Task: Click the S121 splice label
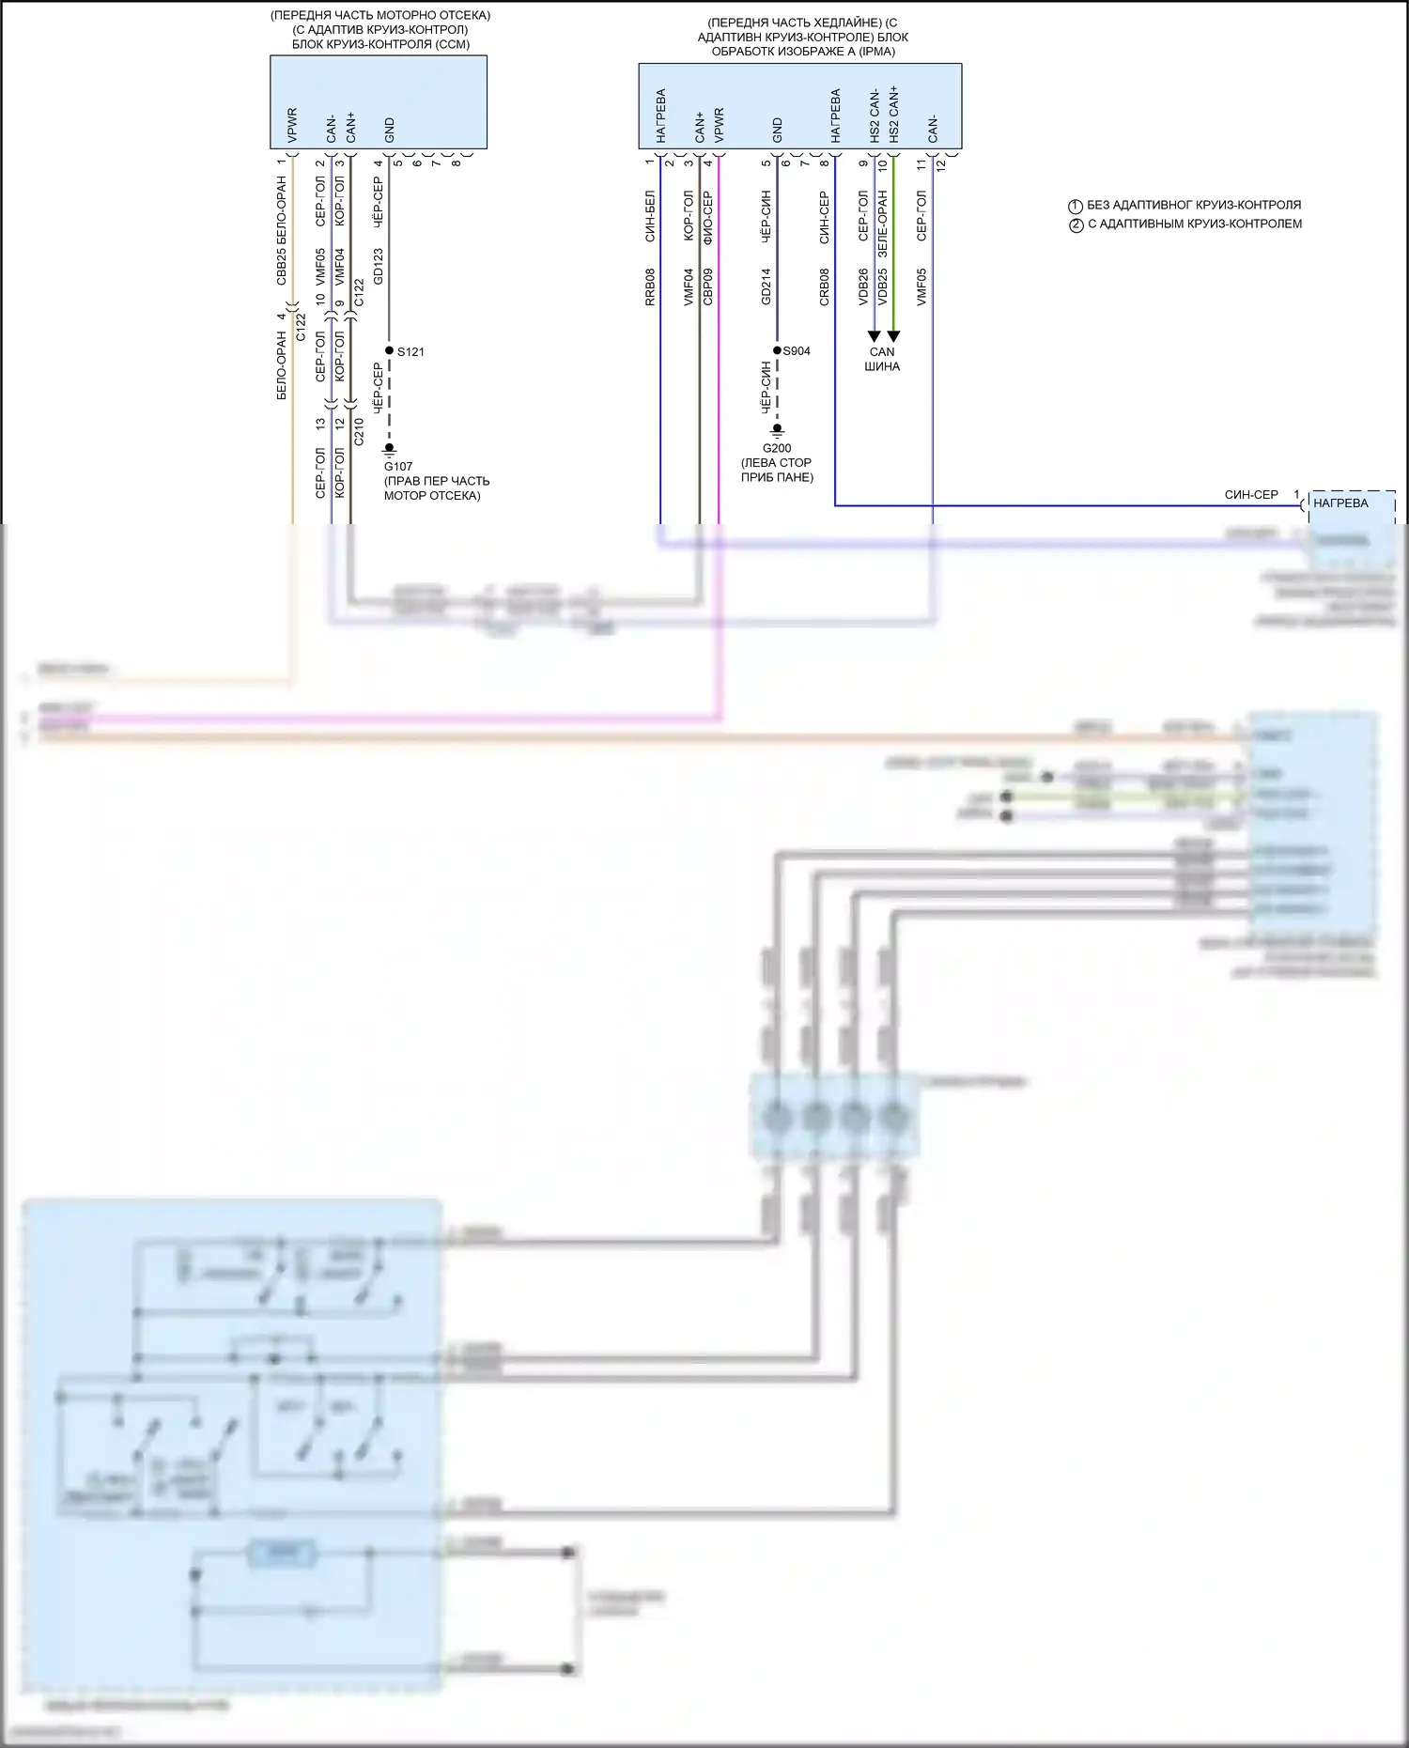point(410,352)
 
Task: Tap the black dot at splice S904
point(777,350)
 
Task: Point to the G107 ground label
point(398,466)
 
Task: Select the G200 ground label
point(777,449)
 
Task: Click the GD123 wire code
point(379,266)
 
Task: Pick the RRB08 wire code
point(650,286)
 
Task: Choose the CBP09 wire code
point(707,286)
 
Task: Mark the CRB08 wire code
point(825,286)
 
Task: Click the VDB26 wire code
point(863,286)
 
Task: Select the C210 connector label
point(359,431)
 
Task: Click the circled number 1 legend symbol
point(1076,206)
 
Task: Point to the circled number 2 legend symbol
point(1076,224)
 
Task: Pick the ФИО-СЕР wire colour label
point(707,218)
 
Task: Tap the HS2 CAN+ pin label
point(893,114)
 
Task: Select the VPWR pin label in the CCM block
point(291,125)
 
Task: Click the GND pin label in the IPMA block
point(777,131)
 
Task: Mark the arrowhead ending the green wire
point(893,335)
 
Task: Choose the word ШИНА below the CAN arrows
point(882,366)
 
